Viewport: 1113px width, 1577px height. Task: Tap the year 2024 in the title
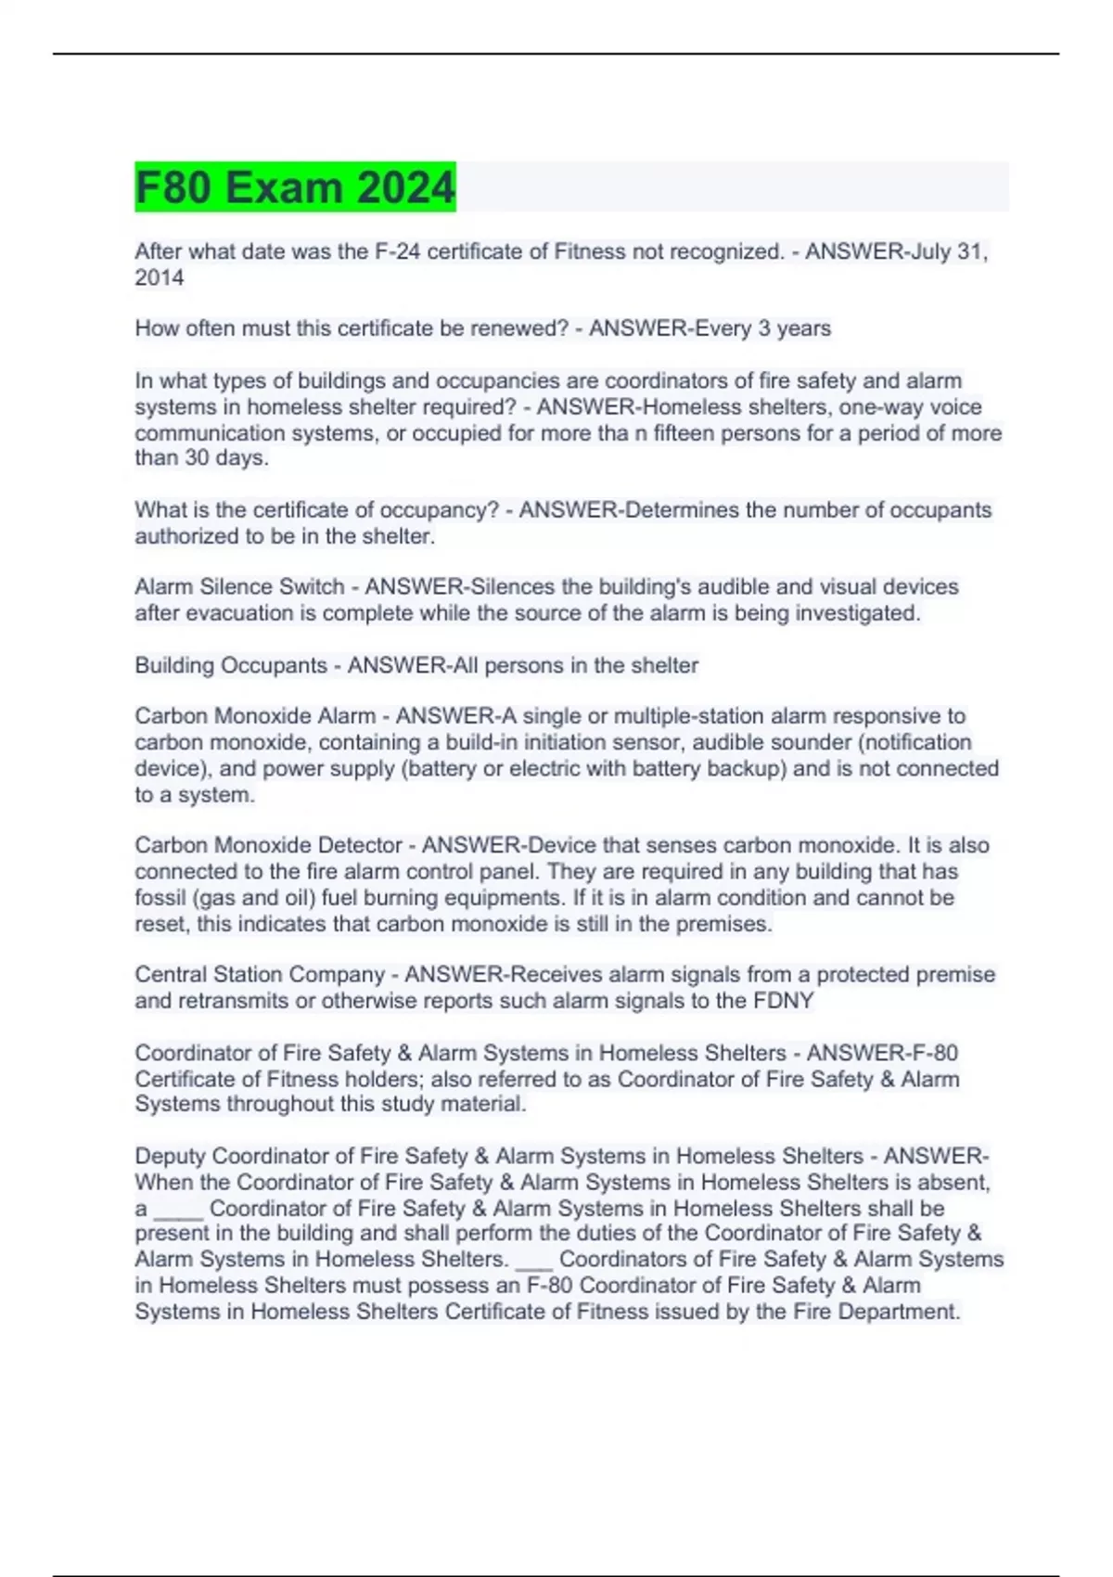[405, 187]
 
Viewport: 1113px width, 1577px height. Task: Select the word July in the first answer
[931, 251]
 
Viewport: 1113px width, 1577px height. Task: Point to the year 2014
[160, 277]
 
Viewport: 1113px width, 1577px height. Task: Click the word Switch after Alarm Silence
[312, 587]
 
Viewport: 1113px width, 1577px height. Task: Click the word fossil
[160, 898]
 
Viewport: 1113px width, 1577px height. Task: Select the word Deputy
[171, 1157]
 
